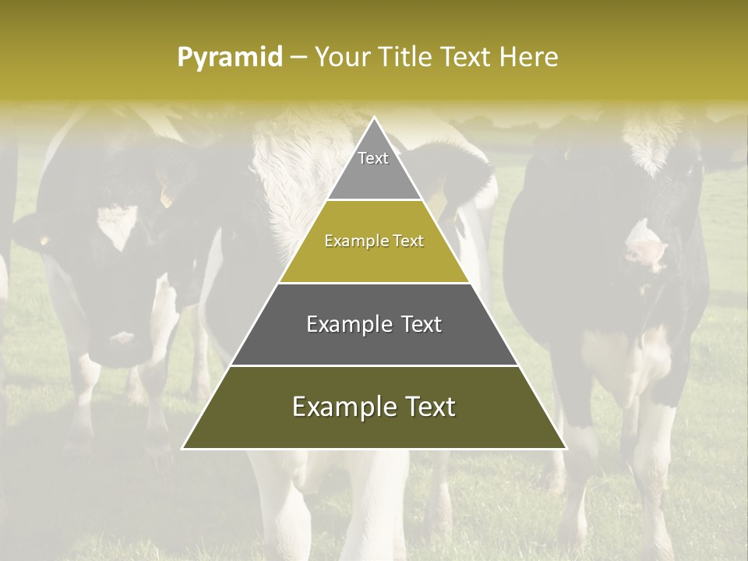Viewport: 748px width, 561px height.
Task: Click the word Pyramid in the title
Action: [230, 57]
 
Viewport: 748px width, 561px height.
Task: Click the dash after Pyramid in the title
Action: [298, 58]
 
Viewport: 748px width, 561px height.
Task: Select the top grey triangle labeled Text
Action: [374, 168]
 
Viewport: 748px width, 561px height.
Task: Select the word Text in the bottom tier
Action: [429, 407]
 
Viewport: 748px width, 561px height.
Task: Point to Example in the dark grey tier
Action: [345, 324]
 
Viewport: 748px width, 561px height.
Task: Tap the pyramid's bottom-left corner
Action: [184, 448]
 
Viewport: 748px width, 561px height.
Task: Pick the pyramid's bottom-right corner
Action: [565, 448]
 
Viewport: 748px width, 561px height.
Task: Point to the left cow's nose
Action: [121, 339]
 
